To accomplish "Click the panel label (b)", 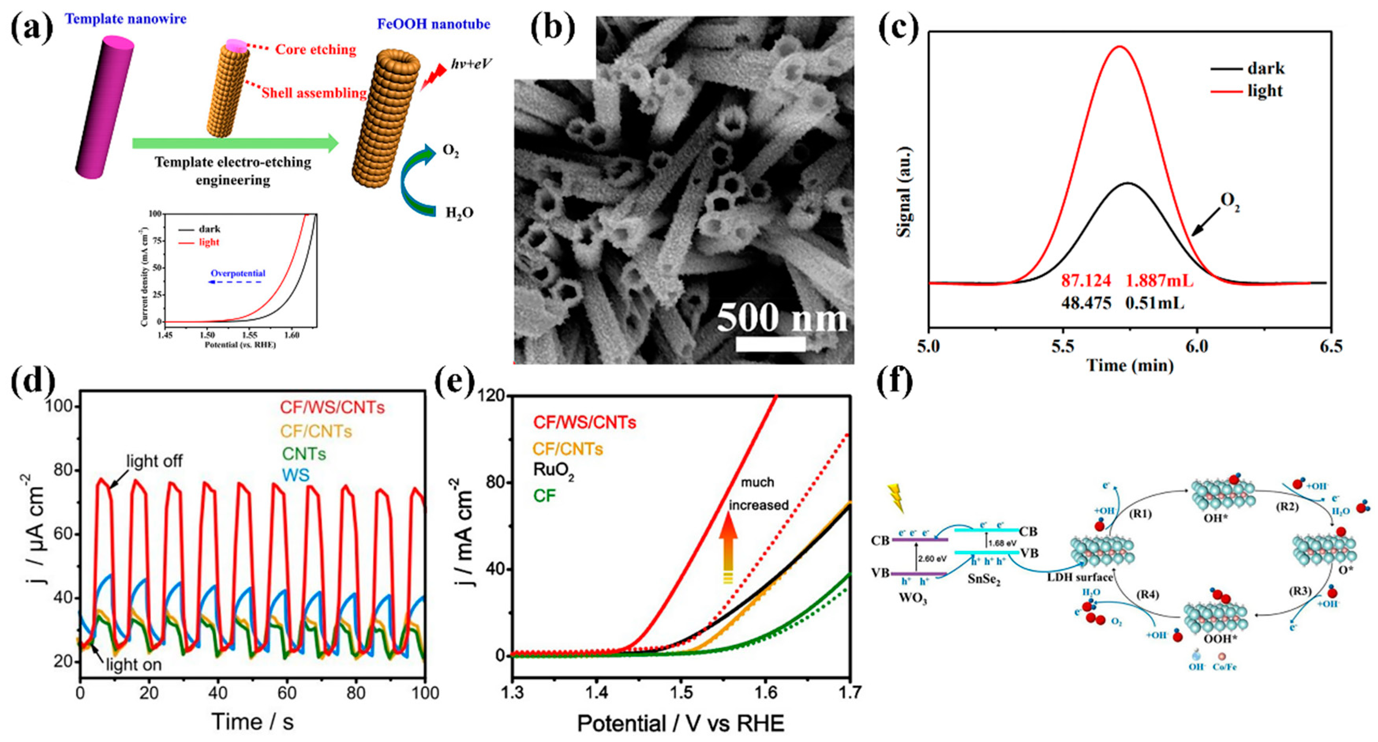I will click(x=552, y=28).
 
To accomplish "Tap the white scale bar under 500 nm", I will click(x=770, y=344).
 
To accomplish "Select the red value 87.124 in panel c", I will click(x=1086, y=280).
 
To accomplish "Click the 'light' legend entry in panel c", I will click(x=1265, y=91).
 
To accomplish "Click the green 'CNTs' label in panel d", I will click(x=304, y=453).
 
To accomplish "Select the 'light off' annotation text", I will click(x=154, y=461).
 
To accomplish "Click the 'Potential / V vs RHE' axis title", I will click(x=680, y=723).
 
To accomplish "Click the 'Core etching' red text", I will click(x=316, y=50).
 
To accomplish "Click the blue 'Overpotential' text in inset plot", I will click(x=238, y=274).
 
